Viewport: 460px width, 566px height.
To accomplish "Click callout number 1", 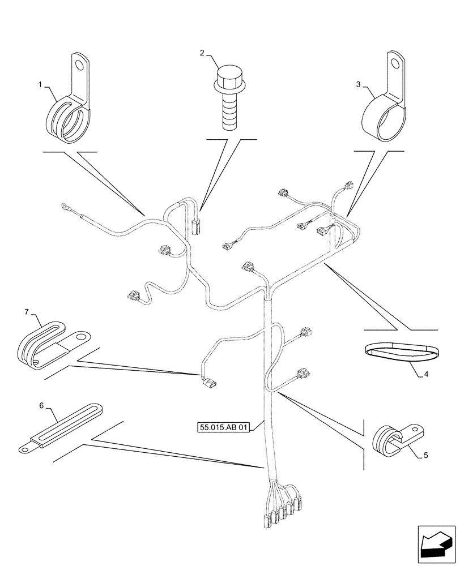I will point(41,84).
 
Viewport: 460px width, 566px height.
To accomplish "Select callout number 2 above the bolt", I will point(202,53).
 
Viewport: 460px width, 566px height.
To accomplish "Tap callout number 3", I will point(358,84).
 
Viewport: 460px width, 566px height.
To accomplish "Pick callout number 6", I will point(41,406).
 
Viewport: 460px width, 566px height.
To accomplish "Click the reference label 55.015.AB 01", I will point(224,428).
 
